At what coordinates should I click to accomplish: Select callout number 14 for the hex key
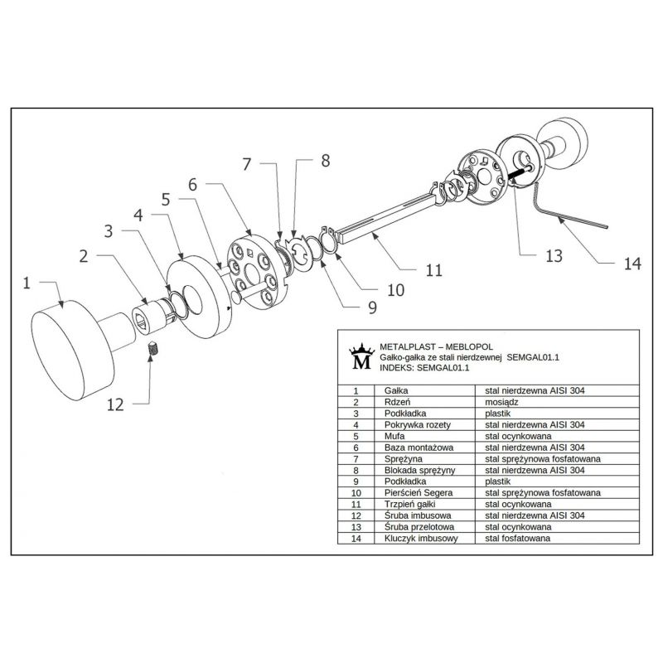click(632, 264)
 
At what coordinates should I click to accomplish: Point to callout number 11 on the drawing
click(433, 269)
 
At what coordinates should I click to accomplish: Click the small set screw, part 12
click(152, 351)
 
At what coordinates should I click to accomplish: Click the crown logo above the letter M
click(361, 346)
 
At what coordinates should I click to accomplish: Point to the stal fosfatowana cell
click(518, 538)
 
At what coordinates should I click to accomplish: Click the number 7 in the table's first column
click(356, 457)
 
